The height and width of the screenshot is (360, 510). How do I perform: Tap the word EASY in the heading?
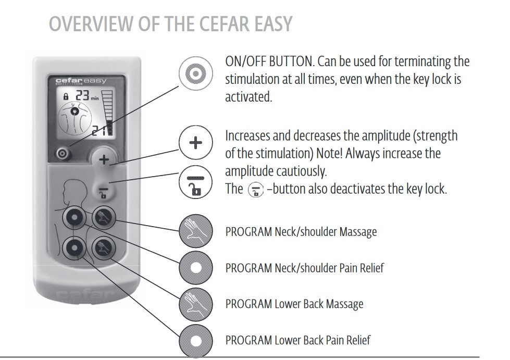[268, 24]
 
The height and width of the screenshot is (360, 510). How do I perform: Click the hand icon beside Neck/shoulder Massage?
[195, 231]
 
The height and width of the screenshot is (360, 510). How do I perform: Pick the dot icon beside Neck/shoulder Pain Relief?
[195, 268]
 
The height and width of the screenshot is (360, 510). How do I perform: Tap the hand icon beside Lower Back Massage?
[195, 304]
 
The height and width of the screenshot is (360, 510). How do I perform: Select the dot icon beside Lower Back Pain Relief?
[195, 340]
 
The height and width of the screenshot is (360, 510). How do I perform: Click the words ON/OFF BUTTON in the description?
[269, 61]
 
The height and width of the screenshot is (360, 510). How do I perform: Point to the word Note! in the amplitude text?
[360, 154]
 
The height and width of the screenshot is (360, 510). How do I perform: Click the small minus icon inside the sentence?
[255, 189]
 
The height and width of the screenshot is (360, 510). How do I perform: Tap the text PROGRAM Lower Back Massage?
[294, 304]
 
